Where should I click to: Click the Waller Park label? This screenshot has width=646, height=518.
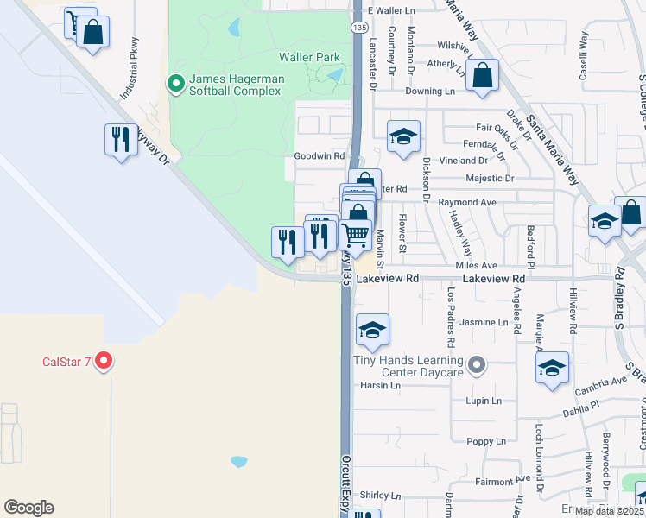pos(309,57)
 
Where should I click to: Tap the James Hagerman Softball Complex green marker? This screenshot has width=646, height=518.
pos(176,84)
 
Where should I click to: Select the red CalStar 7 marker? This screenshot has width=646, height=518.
pos(104,361)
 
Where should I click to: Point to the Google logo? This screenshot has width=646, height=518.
pos(28,508)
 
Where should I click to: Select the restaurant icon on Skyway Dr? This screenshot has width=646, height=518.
pos(120,139)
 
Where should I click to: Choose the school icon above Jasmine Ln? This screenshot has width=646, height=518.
pos(372,330)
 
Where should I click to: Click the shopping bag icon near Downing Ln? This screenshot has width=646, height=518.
pos(483,74)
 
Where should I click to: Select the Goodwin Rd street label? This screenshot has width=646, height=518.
pos(320,156)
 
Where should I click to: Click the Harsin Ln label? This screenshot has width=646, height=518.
pos(381,385)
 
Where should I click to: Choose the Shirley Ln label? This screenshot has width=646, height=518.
pos(381,496)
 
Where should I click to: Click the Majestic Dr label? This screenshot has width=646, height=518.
pos(490,179)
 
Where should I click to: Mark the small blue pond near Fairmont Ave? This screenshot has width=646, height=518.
pos(239,461)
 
